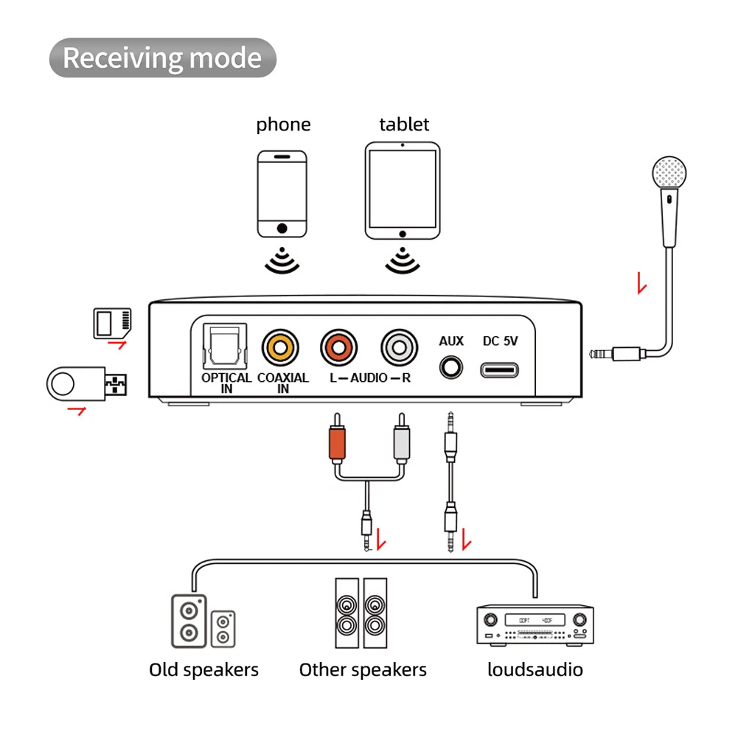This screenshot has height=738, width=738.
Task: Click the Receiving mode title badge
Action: [x=162, y=58]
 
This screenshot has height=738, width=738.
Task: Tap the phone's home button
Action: [x=282, y=229]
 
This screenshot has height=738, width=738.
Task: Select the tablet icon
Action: [x=403, y=191]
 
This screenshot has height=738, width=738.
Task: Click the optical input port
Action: [x=225, y=347]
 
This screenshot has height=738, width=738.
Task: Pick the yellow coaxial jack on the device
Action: [x=280, y=348]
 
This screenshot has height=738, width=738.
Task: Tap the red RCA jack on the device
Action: [x=339, y=348]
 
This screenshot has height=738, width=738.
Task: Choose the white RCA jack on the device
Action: [x=399, y=348]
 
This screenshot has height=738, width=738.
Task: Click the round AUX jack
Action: [x=451, y=368]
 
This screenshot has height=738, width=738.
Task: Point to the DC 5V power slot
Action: [x=499, y=370]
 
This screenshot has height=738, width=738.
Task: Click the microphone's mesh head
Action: [x=669, y=173]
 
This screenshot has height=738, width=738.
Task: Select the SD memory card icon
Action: [x=112, y=324]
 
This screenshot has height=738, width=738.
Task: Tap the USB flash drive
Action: [x=86, y=383]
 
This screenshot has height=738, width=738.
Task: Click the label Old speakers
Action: [x=203, y=669]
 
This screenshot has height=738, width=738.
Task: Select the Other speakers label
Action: [x=363, y=669]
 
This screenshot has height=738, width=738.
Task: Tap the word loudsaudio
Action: [x=535, y=669]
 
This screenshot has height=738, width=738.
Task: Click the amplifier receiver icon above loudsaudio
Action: [x=535, y=625]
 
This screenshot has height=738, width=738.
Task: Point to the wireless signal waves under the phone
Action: [x=282, y=260]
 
